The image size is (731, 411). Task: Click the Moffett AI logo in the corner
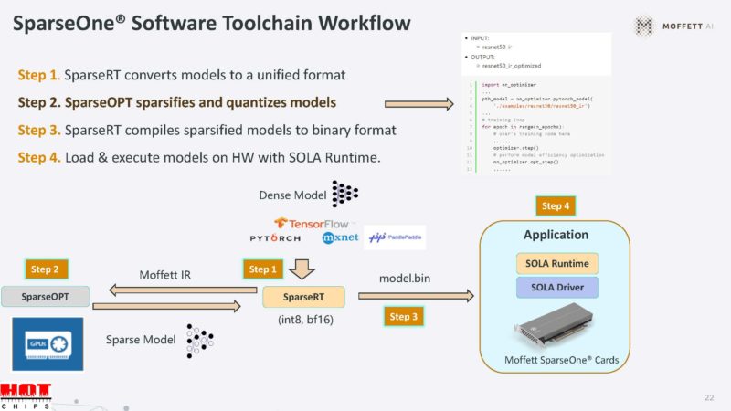677,26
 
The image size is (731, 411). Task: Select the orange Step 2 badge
46,269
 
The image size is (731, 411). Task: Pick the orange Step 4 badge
557,206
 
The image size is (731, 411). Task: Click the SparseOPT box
45,297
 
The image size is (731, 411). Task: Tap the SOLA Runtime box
556,264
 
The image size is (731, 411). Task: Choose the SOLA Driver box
556,289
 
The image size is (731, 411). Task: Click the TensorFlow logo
307,223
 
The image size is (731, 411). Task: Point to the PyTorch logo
276,238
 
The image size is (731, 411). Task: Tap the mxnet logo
339,238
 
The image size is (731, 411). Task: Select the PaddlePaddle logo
395,238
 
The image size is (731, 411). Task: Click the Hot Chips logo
26,396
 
